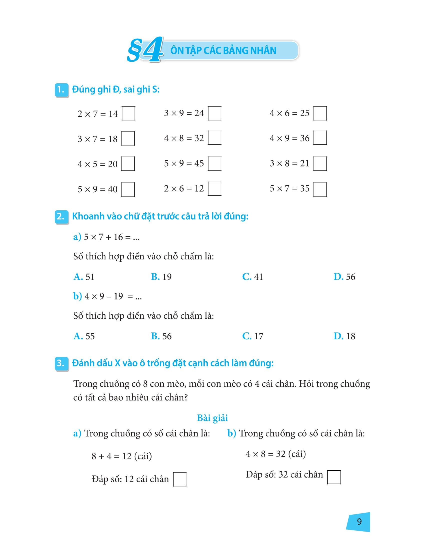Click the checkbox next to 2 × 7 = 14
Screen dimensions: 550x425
coord(128,113)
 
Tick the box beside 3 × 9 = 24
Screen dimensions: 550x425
coord(215,113)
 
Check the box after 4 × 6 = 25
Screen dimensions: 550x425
coord(320,113)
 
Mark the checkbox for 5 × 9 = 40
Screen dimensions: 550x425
coord(128,189)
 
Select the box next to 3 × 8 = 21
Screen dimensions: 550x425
coord(320,164)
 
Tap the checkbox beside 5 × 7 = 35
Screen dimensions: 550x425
coord(320,189)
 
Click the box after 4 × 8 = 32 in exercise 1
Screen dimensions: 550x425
coord(215,138)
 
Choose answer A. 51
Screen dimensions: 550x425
coord(84,277)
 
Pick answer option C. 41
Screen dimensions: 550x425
coord(252,277)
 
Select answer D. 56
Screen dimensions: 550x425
coord(344,277)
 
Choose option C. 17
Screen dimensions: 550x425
coord(252,336)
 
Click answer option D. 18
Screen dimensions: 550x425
coord(344,336)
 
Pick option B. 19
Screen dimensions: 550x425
coord(161,277)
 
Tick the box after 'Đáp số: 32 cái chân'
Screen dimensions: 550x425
coord(333,477)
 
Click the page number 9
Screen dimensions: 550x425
coord(359,521)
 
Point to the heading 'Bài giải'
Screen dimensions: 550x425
coord(212,418)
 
